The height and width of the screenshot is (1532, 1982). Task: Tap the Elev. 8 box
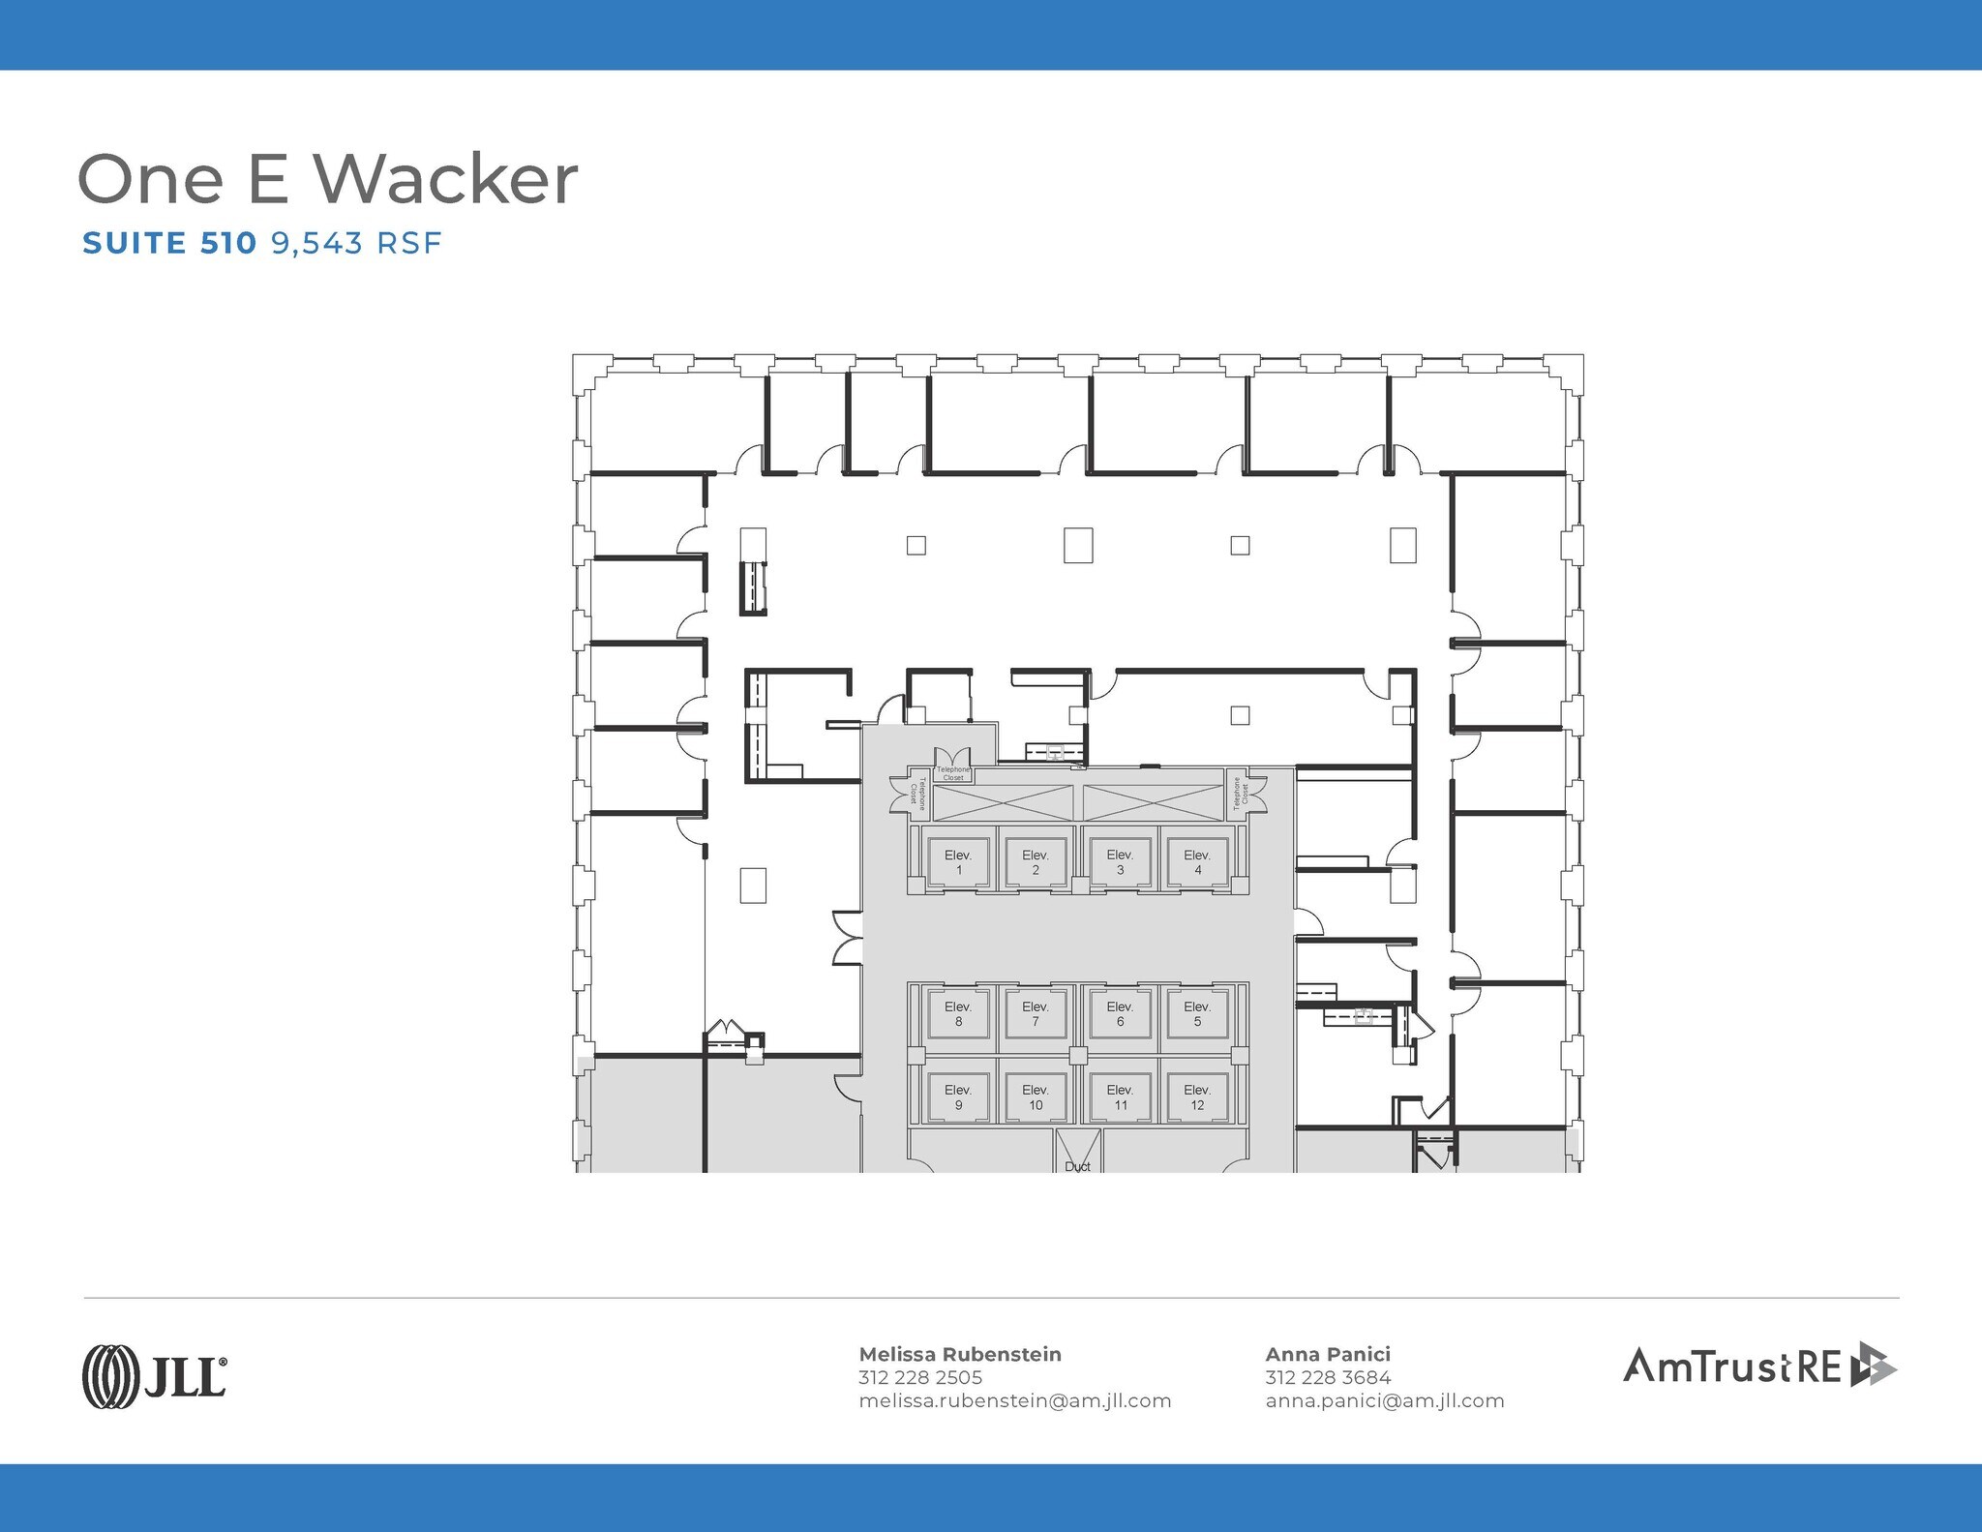tap(958, 1013)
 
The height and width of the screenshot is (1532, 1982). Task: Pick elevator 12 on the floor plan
tap(1197, 1096)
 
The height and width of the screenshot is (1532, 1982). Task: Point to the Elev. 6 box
tap(1120, 1013)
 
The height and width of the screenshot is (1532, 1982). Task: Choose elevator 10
tap(1036, 1096)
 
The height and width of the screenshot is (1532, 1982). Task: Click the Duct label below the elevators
tap(1077, 1166)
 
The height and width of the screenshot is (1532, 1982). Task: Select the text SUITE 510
tap(169, 242)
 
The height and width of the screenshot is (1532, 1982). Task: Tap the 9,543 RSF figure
tap(356, 242)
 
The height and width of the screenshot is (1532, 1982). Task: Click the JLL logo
tap(155, 1375)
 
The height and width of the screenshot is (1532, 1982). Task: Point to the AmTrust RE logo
tap(1759, 1365)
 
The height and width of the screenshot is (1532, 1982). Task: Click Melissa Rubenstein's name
tap(960, 1354)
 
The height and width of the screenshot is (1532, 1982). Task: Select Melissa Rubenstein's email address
tap(1014, 1400)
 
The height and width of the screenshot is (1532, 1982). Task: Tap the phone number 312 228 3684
tap(1328, 1377)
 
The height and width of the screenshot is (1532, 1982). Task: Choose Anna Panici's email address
tap(1384, 1400)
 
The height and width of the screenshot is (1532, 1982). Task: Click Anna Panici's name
tap(1328, 1354)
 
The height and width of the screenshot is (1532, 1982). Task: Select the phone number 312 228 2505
tap(920, 1377)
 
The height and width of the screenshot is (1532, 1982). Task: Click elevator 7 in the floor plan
tap(1036, 1013)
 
